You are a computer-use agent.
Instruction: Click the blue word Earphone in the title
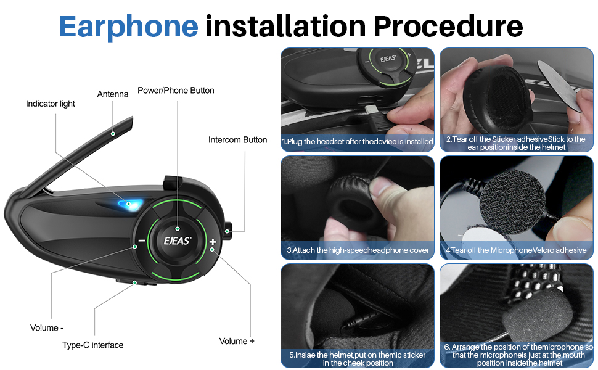tap(128, 27)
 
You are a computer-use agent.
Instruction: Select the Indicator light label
tap(51, 104)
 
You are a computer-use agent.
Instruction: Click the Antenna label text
tap(112, 94)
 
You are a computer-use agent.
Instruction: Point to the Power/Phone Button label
tap(176, 91)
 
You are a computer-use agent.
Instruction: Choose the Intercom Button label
tap(237, 140)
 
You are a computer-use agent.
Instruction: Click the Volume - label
tap(46, 327)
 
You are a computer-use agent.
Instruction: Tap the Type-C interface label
tap(92, 345)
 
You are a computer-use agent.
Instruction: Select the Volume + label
tap(237, 341)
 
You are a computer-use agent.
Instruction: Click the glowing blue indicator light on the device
tap(130, 203)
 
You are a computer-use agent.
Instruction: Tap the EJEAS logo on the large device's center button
tap(177, 240)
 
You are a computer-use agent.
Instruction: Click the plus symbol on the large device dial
tap(213, 242)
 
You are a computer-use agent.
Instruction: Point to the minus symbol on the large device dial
tap(142, 240)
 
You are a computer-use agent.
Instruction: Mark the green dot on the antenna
tap(113, 133)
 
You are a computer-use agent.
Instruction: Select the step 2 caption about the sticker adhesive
tap(516, 143)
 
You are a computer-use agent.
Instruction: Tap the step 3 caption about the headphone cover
tap(358, 250)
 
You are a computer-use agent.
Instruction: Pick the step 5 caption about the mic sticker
tap(358, 359)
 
